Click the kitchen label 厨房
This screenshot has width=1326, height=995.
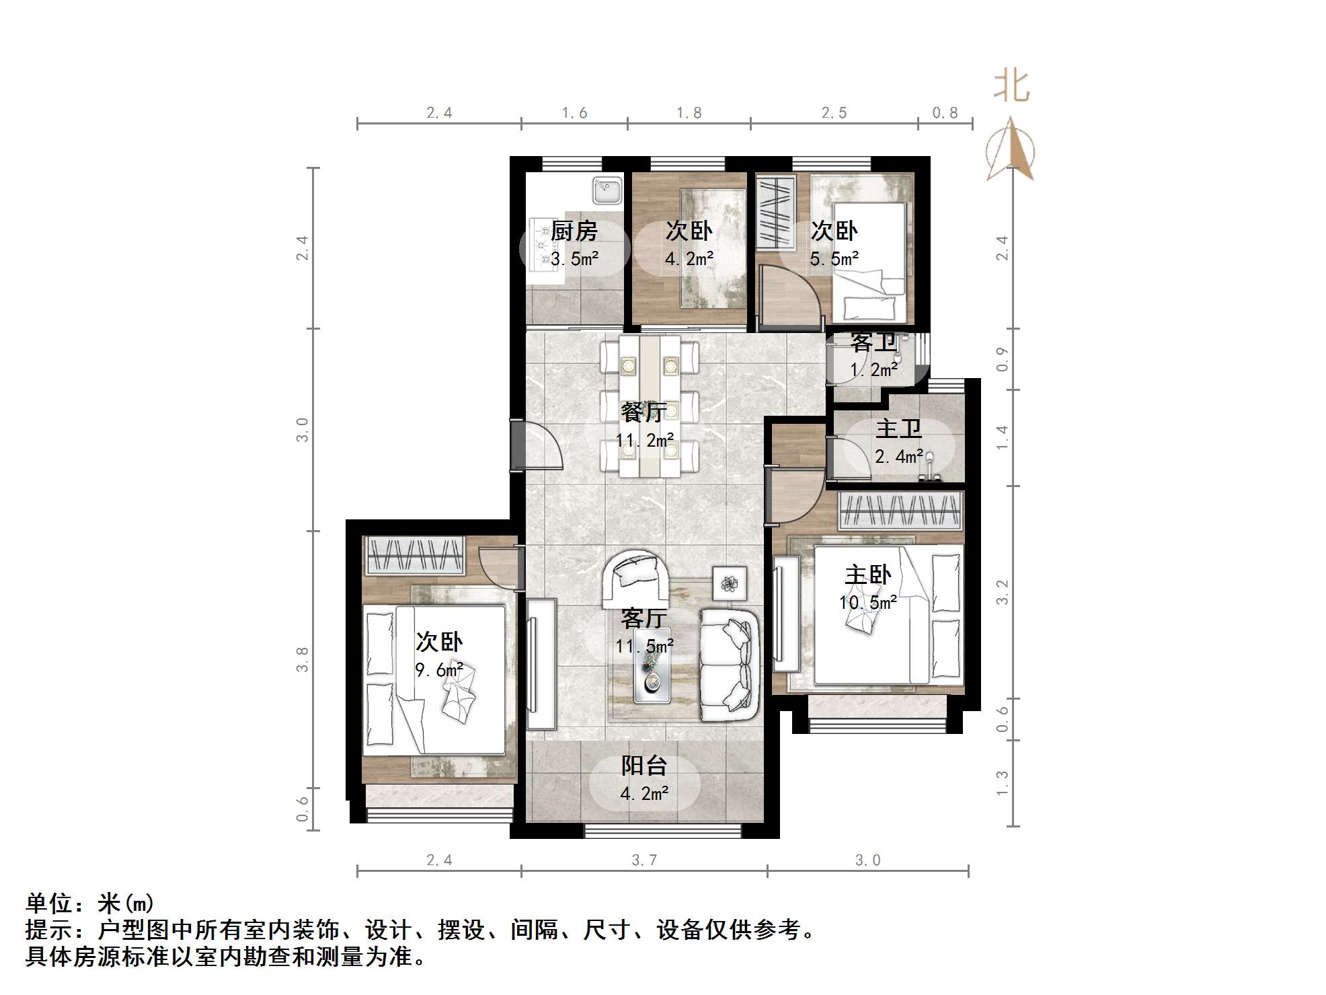pos(574,231)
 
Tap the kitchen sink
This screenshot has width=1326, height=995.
pos(607,190)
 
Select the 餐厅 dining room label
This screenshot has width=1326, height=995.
pos(644,412)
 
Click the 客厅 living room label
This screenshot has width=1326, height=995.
pos(644,618)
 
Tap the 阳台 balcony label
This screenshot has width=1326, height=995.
pos(644,766)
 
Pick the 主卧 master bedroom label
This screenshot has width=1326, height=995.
pos(868,575)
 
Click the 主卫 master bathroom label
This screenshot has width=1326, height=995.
pos(899,429)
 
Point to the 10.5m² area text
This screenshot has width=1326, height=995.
pos(868,602)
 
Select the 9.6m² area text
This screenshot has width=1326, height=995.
pos(439,670)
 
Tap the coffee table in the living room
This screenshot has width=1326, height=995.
pos(652,666)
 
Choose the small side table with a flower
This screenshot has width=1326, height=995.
pos(730,583)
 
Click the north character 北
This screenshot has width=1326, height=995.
pos(1011,87)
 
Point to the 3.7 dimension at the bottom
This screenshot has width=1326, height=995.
pos(644,860)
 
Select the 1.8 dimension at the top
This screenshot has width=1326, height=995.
pos(689,113)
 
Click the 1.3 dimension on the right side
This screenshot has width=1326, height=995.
pos(1003,783)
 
